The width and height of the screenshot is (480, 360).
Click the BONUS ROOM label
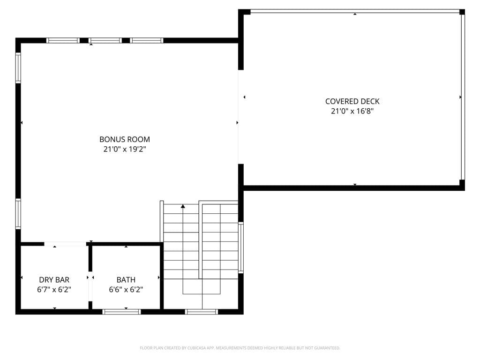click(x=125, y=139)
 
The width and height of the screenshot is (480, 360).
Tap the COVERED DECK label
click(x=352, y=101)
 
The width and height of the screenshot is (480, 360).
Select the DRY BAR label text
click(x=54, y=280)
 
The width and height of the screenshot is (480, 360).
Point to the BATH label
click(x=126, y=280)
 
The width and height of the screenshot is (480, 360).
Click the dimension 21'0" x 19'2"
click(x=125, y=150)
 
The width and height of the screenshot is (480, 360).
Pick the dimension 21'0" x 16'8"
click(x=352, y=112)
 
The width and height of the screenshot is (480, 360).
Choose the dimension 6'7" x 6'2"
click(x=54, y=290)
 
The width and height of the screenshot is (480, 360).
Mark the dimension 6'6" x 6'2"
click(x=126, y=290)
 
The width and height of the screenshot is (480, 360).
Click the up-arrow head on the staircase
click(x=183, y=206)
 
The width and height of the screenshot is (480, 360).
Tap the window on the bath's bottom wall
click(x=121, y=311)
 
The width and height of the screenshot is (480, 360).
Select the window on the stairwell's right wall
click(x=241, y=247)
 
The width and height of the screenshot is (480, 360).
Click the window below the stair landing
click(x=202, y=311)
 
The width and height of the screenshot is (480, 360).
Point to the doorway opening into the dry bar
click(x=65, y=244)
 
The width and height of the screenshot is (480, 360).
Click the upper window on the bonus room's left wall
click(x=18, y=67)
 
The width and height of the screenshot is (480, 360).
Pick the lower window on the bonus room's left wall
click(x=18, y=214)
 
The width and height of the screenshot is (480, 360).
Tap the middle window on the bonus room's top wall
click(x=105, y=40)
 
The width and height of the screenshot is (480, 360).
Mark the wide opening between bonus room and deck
click(x=240, y=117)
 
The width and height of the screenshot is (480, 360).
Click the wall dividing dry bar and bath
click(x=90, y=277)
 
